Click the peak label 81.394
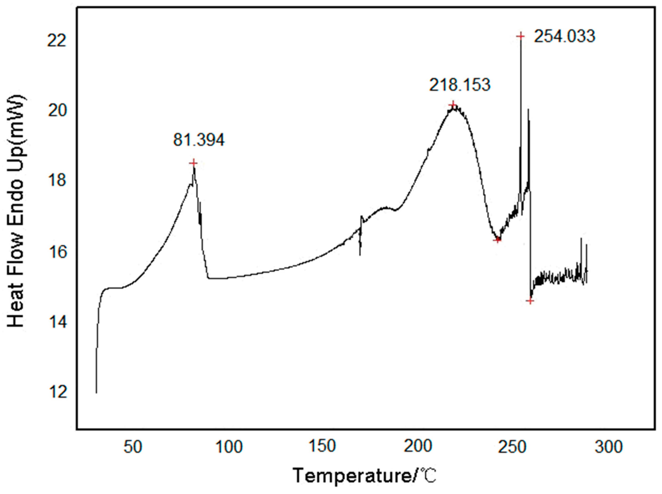click(199, 140)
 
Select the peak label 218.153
click(460, 85)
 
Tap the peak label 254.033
click(564, 36)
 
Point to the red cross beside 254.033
click(521, 36)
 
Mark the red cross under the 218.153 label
click(453, 105)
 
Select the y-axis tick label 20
click(56, 111)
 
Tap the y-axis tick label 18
click(56, 181)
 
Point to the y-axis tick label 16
click(56, 252)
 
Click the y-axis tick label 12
click(56, 393)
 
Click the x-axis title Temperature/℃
click(365, 476)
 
